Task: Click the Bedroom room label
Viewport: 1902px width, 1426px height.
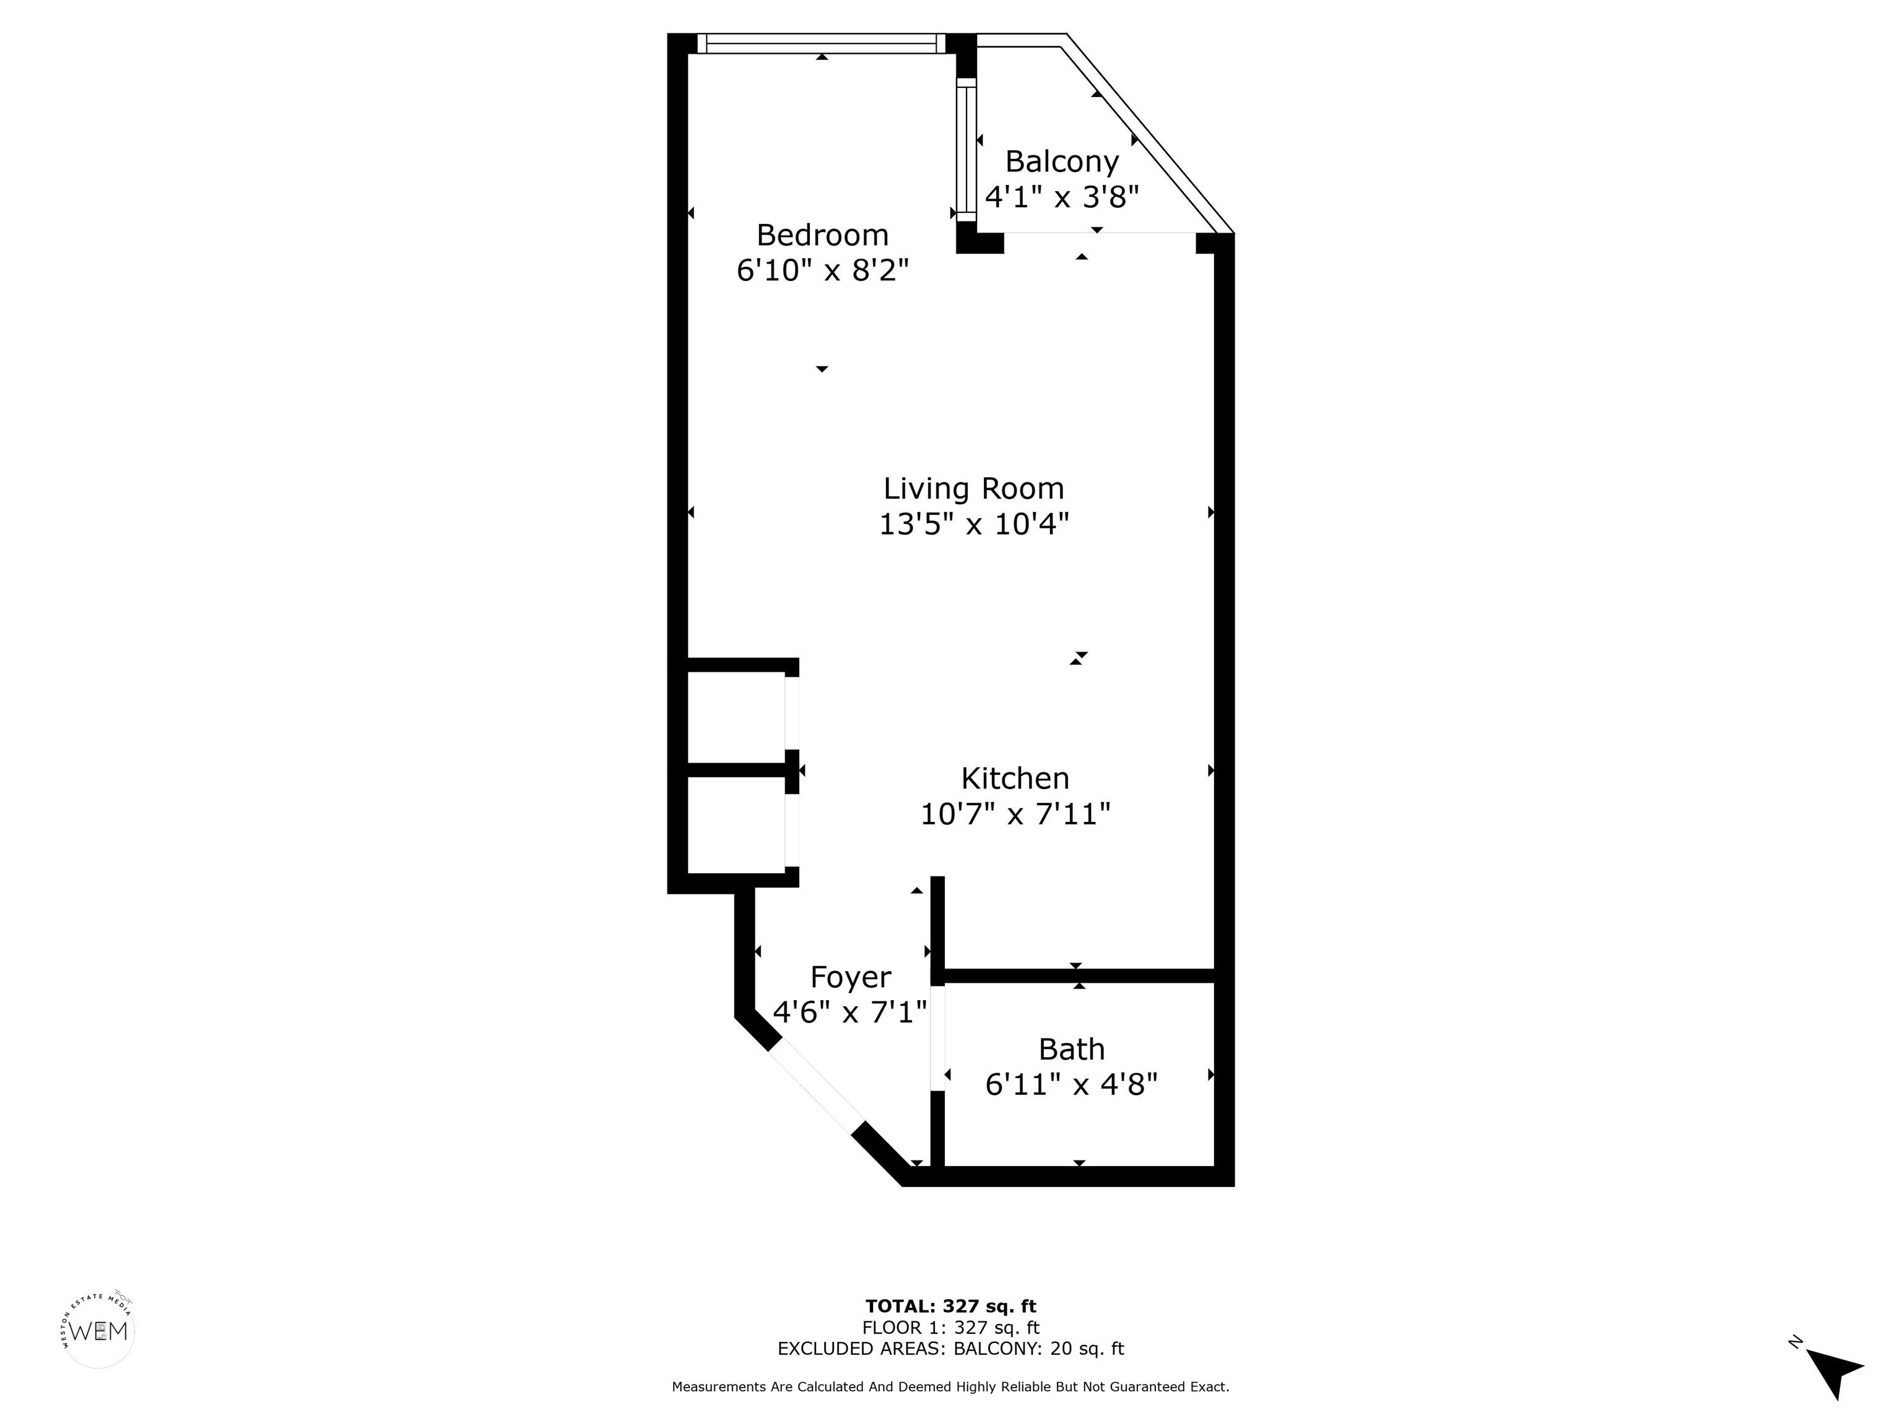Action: (x=822, y=235)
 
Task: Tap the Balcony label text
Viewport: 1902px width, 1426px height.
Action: (x=1062, y=162)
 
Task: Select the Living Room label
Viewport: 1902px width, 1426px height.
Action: (x=973, y=488)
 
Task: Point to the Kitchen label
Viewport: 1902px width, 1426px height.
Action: (x=1015, y=778)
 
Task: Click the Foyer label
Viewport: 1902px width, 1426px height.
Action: (x=851, y=977)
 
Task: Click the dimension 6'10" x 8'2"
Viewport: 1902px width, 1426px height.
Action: (x=822, y=270)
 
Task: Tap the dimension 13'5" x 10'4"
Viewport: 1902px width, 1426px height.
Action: (x=973, y=524)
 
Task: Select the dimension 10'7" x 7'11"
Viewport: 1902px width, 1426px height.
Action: (x=1015, y=813)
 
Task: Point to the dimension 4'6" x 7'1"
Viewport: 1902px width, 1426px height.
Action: (x=851, y=1012)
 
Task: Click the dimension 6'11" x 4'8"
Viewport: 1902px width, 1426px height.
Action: (x=1071, y=1084)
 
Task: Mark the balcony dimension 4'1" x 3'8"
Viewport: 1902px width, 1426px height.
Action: (x=1062, y=197)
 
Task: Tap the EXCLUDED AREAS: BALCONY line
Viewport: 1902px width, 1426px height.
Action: (x=950, y=1349)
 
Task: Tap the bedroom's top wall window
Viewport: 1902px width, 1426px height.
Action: (x=821, y=44)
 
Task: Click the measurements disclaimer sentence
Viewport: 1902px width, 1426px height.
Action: (x=950, y=1386)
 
